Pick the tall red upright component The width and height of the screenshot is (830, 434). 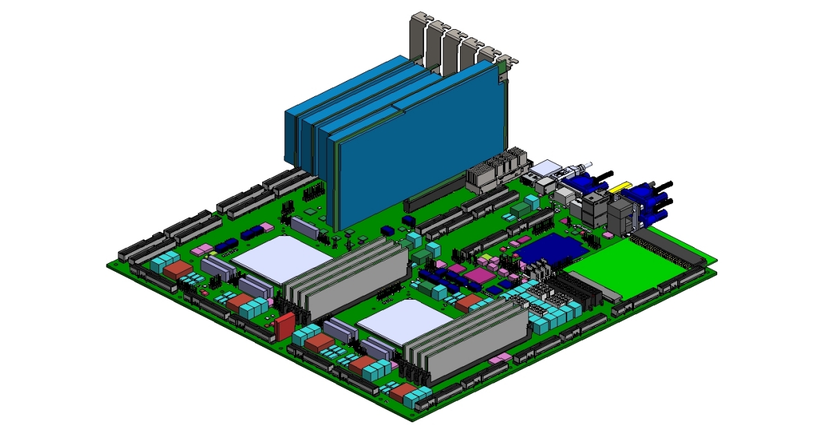[284, 325]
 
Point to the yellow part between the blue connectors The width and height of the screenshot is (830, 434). [620, 186]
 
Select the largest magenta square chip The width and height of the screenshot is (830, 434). [476, 276]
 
